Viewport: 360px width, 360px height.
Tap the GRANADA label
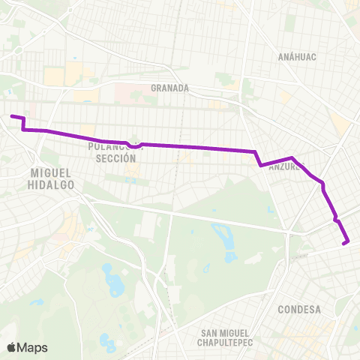(169, 88)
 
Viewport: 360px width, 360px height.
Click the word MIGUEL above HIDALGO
(52, 172)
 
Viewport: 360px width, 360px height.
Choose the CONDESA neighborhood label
(298, 309)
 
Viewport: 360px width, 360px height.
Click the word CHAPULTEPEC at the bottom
(226, 343)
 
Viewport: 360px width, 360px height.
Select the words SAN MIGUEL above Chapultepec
(226, 332)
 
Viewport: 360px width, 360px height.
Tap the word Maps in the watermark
(34, 347)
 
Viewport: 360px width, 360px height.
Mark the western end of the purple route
(11, 115)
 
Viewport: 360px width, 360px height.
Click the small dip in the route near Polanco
(133, 146)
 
